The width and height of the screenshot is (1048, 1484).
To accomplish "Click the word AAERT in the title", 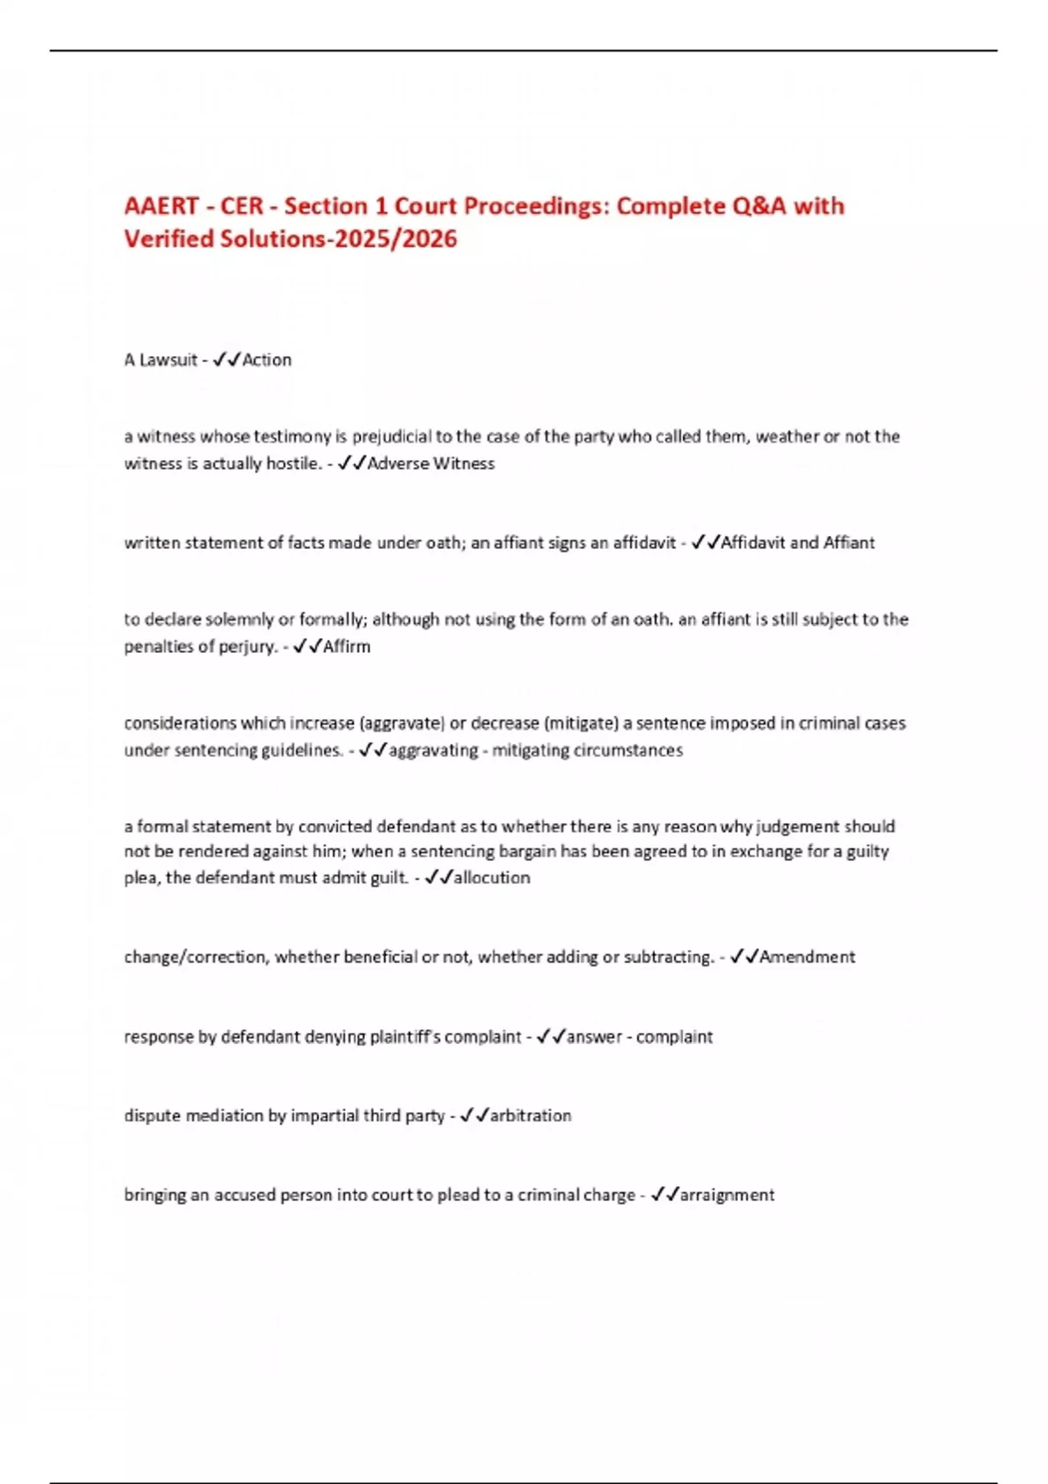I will pos(162,206).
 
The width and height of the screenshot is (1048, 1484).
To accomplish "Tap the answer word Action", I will pos(267,360).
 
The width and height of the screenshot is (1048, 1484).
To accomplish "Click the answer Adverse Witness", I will pos(431,464).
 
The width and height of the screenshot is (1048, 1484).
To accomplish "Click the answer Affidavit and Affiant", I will pos(797,543).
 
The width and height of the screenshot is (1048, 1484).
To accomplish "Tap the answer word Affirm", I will pos(347,647).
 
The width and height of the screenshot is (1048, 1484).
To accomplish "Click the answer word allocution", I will pos(492,877).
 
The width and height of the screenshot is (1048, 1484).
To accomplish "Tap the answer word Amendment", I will pos(807,957).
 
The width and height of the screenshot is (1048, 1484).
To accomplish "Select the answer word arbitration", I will pos(530,1116).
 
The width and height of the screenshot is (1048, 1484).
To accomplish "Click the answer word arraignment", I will pos(727,1195).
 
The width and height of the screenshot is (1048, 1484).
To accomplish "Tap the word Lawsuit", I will pos(169,360).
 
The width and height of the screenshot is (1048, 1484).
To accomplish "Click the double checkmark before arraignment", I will pos(665,1194).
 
